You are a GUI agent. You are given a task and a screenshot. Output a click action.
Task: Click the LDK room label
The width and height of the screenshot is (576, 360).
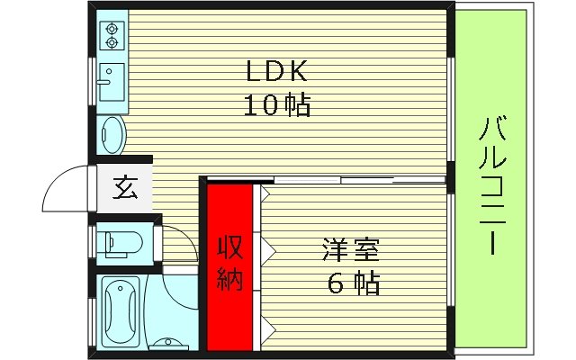(277, 71)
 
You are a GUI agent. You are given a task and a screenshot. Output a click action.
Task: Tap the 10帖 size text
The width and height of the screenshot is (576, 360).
(277, 106)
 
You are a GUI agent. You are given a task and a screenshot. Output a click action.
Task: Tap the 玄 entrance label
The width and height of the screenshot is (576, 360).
(123, 189)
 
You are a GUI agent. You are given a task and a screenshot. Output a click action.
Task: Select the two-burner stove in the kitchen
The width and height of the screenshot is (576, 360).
(112, 34)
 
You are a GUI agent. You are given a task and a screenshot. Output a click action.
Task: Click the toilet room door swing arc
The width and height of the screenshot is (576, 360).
(180, 236)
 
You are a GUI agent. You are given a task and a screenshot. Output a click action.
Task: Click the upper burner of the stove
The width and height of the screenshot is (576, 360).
(112, 26)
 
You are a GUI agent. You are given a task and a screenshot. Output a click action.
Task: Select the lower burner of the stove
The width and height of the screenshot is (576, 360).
(112, 41)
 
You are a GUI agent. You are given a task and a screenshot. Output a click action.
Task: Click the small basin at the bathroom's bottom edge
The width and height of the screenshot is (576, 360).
(166, 342)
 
